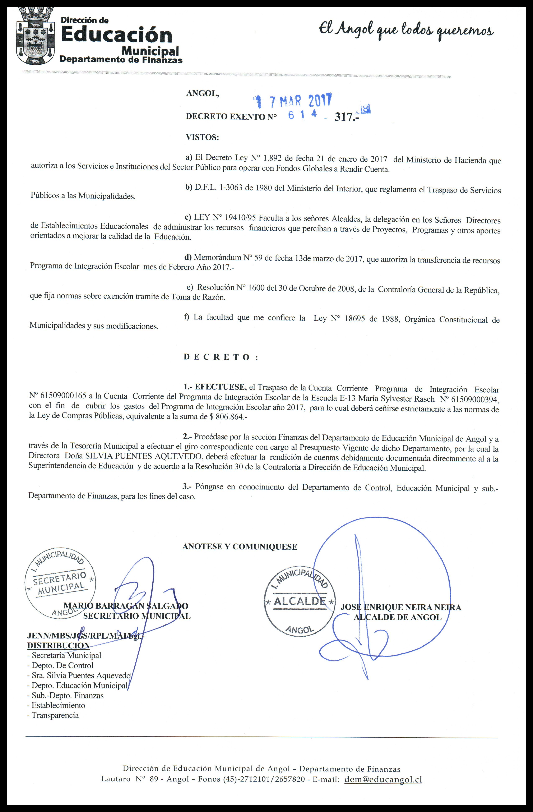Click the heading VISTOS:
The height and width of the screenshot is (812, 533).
(202, 138)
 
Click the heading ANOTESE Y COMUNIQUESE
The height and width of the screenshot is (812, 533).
(240, 546)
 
